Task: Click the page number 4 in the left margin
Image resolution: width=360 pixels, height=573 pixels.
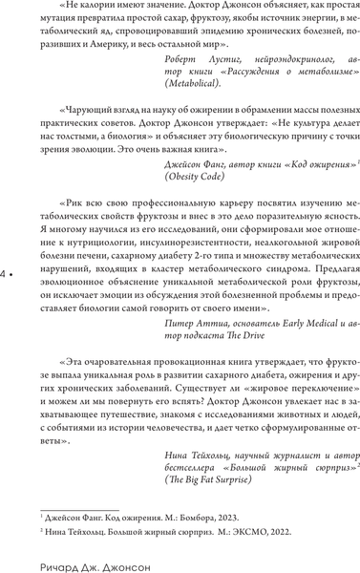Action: click(x=7, y=273)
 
